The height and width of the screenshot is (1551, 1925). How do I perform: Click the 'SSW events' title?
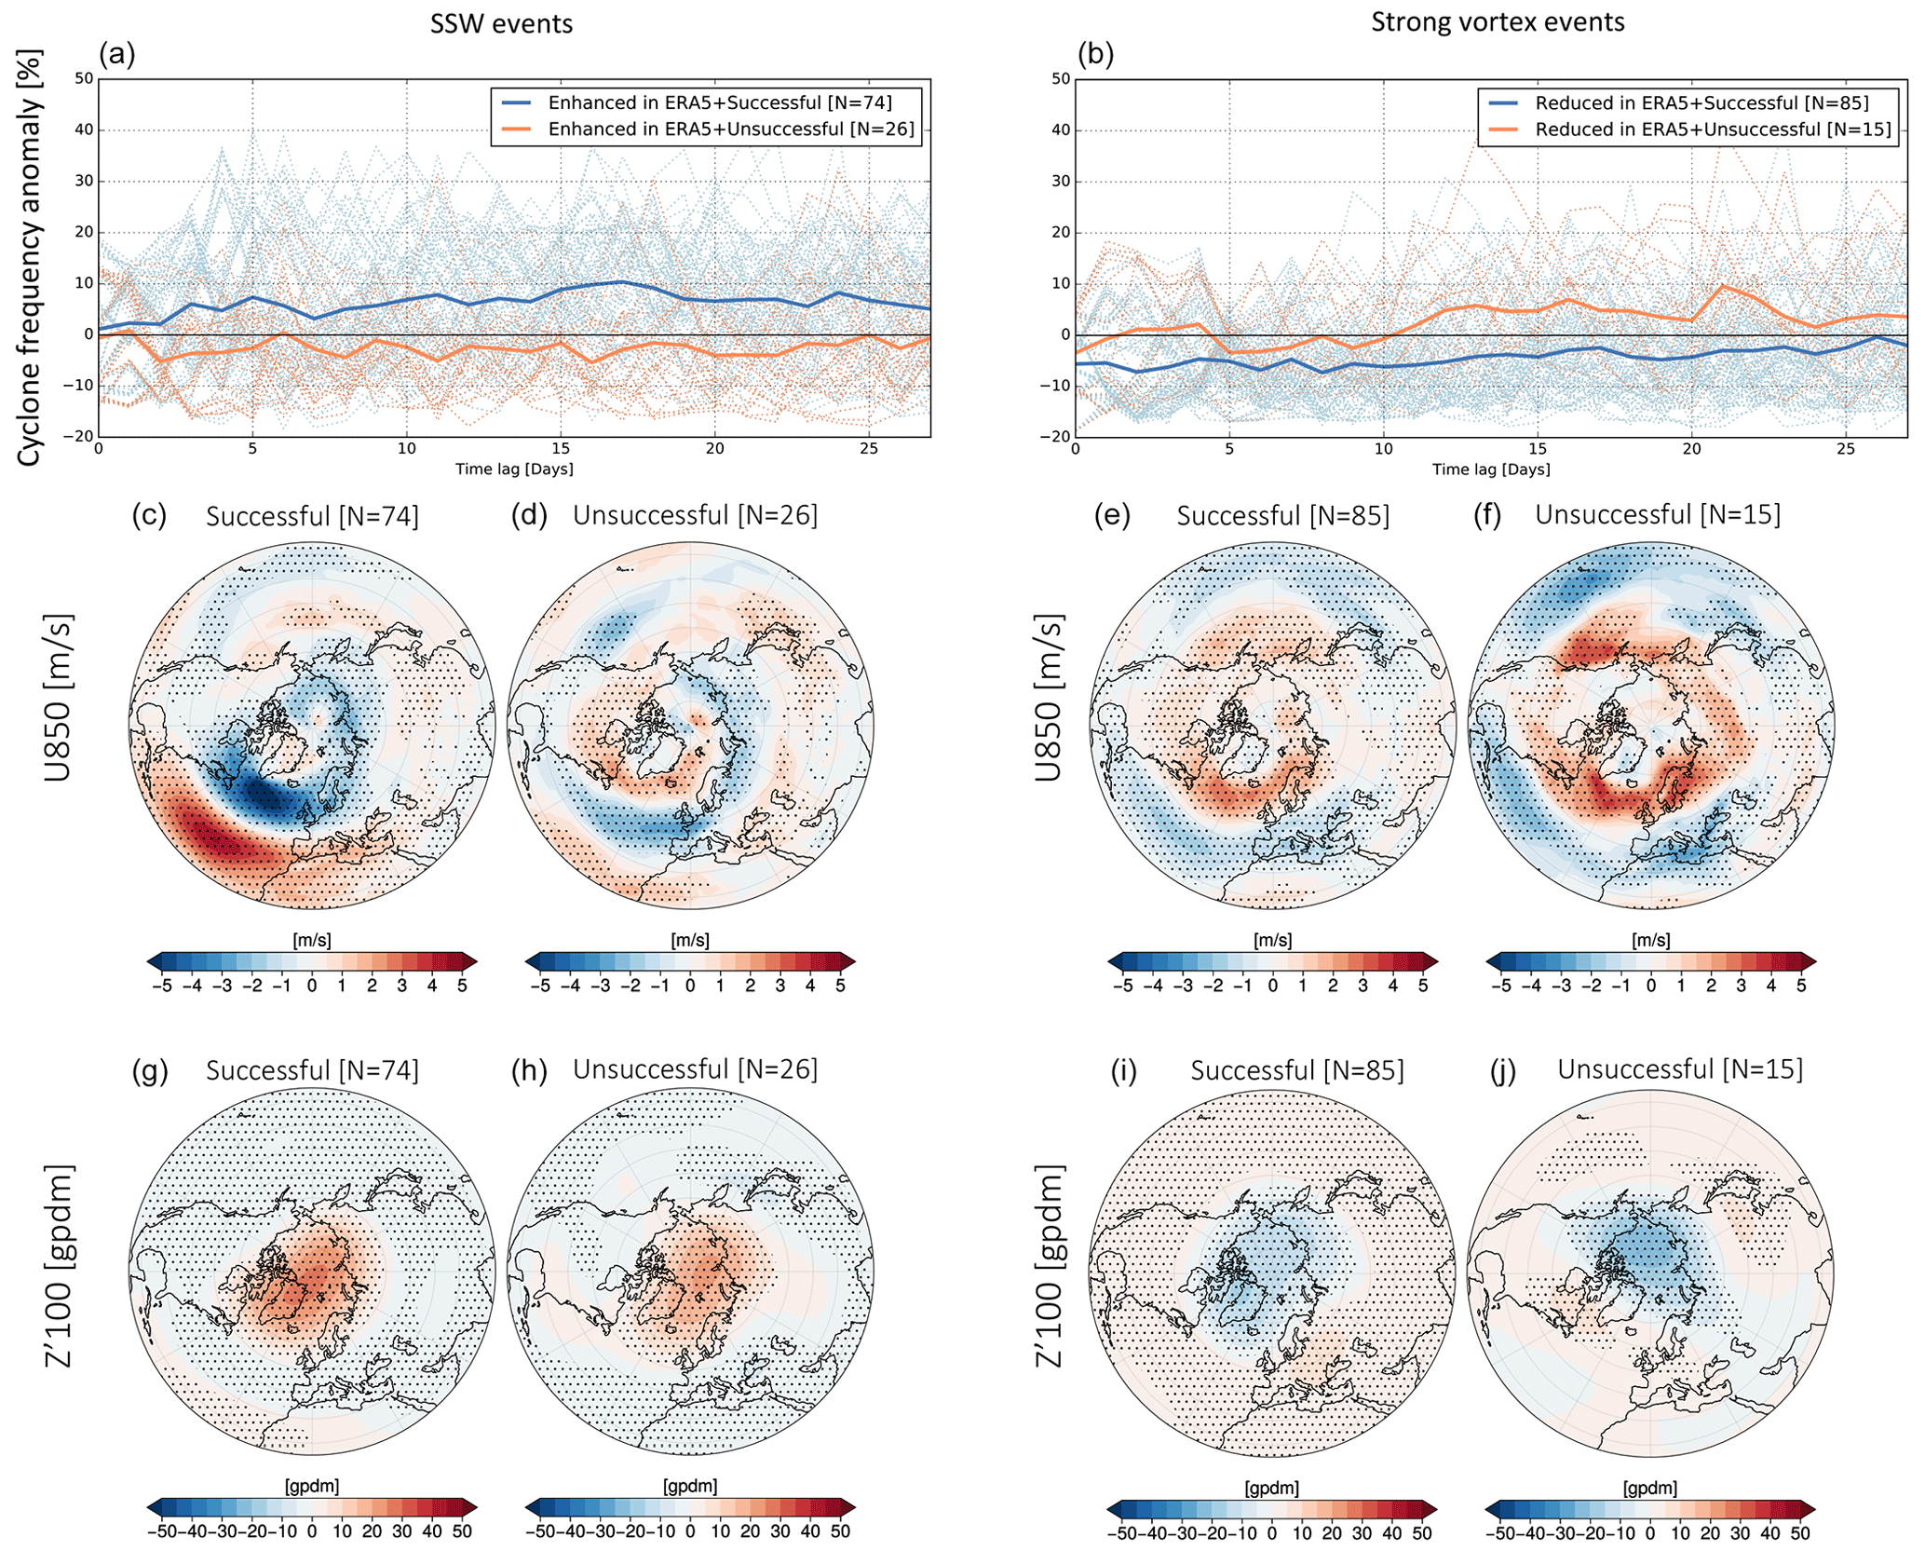501,23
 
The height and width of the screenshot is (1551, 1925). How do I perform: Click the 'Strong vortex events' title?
1497,21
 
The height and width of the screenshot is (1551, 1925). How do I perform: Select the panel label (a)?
116,54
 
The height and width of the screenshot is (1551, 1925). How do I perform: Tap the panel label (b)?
1095,54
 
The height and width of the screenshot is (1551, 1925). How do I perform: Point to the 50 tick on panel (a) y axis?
84,78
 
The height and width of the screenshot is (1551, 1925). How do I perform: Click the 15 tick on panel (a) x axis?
561,449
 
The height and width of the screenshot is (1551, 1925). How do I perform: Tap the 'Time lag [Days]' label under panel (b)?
1491,469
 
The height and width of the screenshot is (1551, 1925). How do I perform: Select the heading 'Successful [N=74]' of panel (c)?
312,516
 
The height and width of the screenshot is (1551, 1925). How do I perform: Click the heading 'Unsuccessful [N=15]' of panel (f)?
1658,514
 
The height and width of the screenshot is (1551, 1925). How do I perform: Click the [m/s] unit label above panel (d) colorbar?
689,941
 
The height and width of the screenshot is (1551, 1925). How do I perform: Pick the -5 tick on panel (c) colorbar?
162,986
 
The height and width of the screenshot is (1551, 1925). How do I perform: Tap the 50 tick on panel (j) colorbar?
1800,1532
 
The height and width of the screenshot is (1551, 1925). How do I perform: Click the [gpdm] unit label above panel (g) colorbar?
311,1486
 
